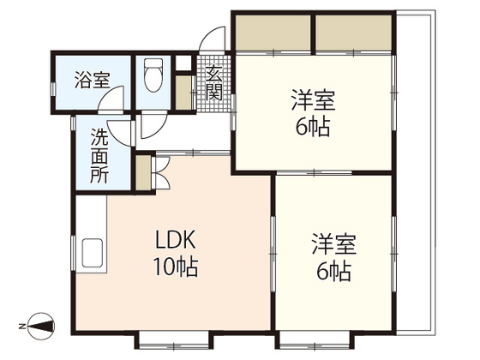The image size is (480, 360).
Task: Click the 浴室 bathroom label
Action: coord(92,82)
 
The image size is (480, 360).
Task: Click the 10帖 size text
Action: coord(176,267)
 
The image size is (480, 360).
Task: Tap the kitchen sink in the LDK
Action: coord(93,255)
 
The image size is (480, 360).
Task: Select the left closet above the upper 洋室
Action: coord(274,34)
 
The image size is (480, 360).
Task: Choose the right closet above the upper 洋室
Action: coord(354,34)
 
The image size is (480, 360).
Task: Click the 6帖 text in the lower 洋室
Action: coord(333,273)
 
